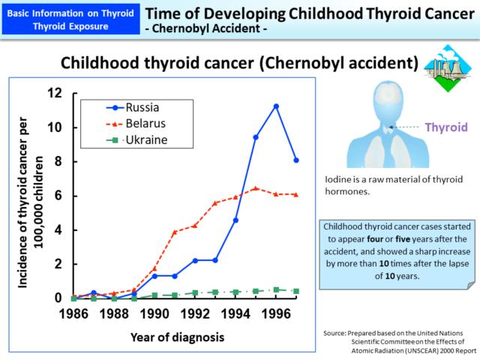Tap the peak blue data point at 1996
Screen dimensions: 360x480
[x=276, y=106]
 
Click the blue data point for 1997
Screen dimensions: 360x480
[x=296, y=160]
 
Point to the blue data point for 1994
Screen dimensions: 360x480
[x=235, y=220]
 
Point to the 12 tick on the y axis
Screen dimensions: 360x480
[x=54, y=93]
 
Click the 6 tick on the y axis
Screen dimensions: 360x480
[x=57, y=196]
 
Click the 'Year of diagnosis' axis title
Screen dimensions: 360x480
[x=177, y=335]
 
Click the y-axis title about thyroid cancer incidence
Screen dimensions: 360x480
[x=25, y=195]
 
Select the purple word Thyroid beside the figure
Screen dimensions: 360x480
[x=446, y=127]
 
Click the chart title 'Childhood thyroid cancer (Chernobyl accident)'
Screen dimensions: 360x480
[x=238, y=61]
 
